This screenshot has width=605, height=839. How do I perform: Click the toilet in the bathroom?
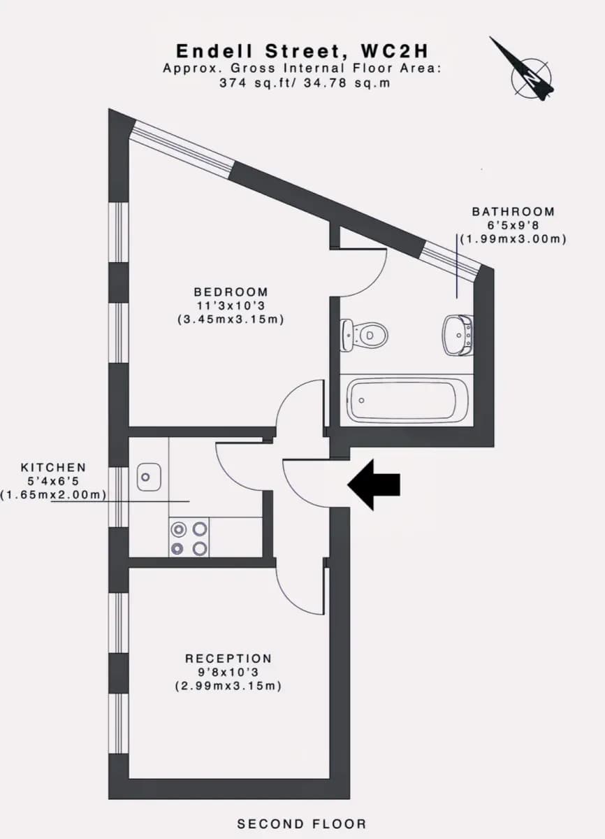point(364,335)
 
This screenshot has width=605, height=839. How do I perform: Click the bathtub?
point(407,401)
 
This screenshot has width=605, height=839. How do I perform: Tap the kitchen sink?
point(149,477)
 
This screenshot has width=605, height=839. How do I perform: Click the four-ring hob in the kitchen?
point(189,538)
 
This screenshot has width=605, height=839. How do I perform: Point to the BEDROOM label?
point(231,292)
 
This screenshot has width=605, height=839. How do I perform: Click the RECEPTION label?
point(228,659)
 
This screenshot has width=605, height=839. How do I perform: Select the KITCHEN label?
point(54,468)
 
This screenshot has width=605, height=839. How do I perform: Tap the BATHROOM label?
point(513,212)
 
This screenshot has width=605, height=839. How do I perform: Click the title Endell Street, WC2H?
point(302,51)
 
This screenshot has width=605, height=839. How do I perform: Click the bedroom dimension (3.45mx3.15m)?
point(231,320)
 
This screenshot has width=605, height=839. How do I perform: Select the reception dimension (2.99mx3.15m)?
point(228,686)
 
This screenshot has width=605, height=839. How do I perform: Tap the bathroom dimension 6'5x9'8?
point(513,225)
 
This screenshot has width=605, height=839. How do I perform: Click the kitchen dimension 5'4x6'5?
point(54,481)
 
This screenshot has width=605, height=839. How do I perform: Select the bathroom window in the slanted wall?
point(451,260)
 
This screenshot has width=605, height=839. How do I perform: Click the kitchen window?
point(119,497)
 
